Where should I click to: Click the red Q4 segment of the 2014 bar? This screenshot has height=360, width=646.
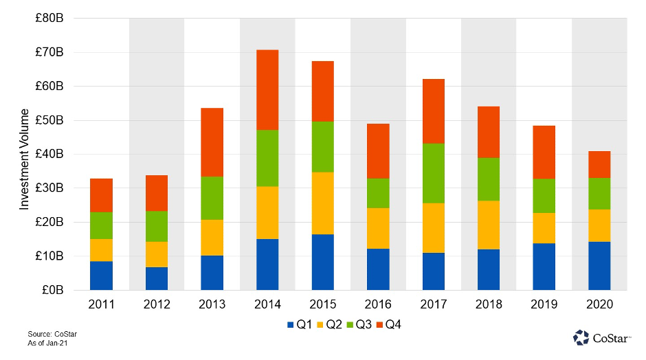click(267, 90)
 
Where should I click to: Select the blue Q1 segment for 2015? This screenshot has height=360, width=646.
click(322, 262)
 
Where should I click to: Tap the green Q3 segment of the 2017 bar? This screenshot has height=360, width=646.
click(433, 173)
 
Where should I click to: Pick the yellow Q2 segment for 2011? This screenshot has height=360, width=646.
click(101, 250)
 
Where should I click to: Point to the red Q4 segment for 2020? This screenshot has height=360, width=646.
click(599, 165)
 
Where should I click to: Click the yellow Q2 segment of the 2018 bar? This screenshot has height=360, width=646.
click(489, 225)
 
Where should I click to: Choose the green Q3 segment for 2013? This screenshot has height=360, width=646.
click(212, 198)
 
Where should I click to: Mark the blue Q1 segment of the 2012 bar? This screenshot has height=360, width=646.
click(157, 278)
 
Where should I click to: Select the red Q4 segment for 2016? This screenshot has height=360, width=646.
click(378, 151)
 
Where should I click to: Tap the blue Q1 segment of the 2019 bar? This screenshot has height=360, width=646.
click(544, 267)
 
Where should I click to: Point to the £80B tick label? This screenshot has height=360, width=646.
click(50, 19)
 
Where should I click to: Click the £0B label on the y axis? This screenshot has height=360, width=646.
click(53, 290)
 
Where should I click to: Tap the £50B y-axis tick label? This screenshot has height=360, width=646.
click(50, 120)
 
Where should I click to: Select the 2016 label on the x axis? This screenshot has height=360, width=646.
click(378, 304)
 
